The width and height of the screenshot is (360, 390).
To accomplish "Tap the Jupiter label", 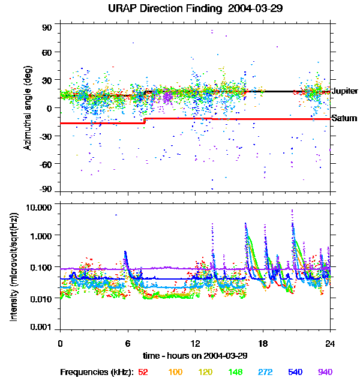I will (344, 91).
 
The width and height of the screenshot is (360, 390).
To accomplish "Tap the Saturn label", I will (344, 119).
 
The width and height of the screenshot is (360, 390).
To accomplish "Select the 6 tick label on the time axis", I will (127, 344).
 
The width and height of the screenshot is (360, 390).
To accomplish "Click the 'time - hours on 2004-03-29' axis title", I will (195, 356).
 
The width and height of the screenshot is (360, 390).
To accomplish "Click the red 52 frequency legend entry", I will (143, 373).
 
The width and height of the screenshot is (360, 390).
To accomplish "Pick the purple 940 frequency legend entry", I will (325, 373).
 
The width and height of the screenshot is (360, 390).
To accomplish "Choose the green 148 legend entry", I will (235, 373).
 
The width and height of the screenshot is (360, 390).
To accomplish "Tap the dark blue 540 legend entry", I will (295, 373).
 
